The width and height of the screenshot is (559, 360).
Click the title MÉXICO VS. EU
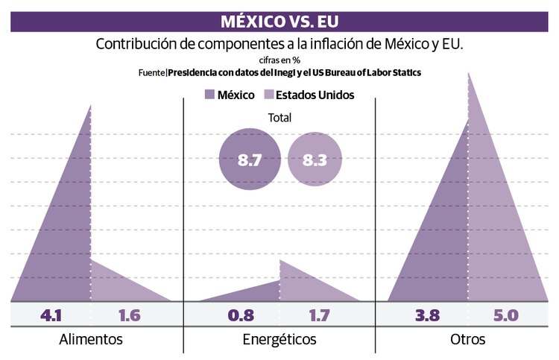click(279, 19)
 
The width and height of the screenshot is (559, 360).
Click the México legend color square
click(209, 95)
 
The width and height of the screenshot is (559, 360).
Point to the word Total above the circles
click(279, 118)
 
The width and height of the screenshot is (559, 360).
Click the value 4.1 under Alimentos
click(51, 315)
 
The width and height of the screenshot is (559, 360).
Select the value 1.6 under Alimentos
click(129, 315)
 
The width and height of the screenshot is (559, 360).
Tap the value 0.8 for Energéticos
click(240, 315)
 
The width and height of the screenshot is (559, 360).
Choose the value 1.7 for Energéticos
click(319, 315)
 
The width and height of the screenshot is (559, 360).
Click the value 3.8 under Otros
click(429, 315)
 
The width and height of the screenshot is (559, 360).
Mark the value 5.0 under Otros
click(505, 315)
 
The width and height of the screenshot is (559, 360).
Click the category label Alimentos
click(90, 340)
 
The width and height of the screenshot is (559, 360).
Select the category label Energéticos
click(279, 340)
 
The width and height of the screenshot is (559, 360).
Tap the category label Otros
click(468, 340)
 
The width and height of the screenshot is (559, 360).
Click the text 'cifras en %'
click(279, 60)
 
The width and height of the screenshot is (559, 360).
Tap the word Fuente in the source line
click(152, 73)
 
